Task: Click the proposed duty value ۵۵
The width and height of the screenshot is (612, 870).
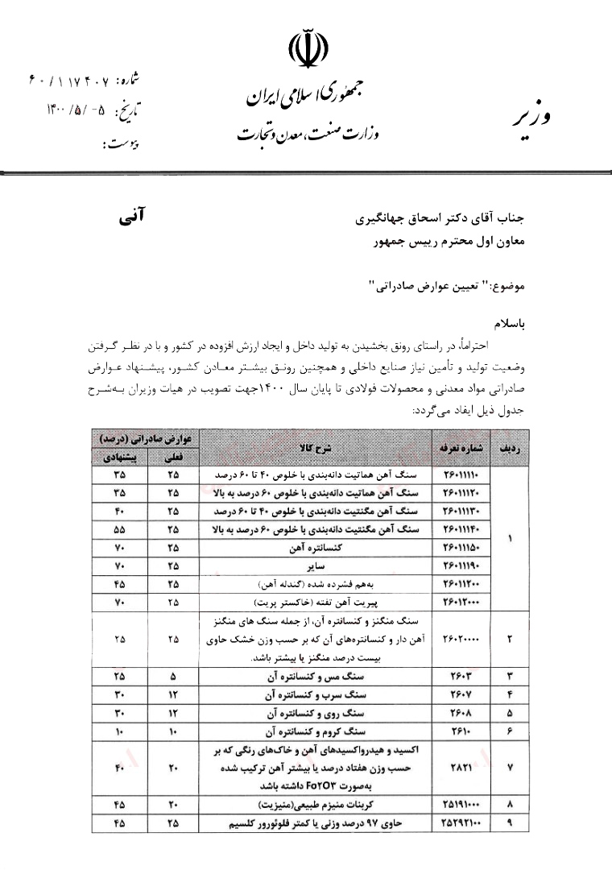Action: click(x=119, y=530)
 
